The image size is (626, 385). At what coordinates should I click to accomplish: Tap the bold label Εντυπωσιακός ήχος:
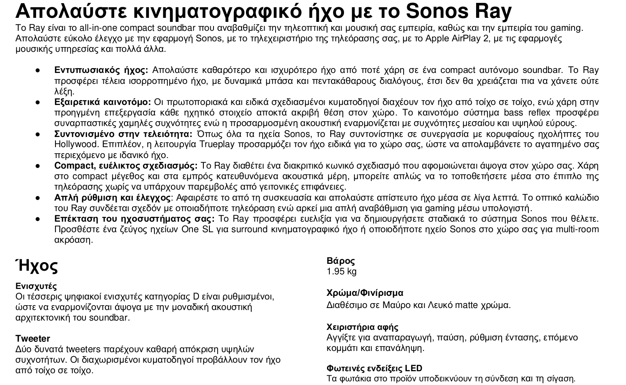[x=101, y=70]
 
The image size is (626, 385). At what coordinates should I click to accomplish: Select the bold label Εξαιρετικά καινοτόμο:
[x=103, y=102]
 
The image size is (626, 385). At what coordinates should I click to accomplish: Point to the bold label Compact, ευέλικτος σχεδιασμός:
[x=126, y=166]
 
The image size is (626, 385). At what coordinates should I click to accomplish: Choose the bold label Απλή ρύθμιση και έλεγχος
[x=112, y=198]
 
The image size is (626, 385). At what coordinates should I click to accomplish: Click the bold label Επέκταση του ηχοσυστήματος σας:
[x=134, y=219]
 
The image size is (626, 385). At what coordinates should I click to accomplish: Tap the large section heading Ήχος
[x=36, y=265]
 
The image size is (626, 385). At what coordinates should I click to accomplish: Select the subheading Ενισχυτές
[x=36, y=286]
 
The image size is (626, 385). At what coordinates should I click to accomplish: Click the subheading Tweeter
[x=33, y=338]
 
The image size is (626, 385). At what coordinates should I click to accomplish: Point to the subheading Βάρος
[x=341, y=261]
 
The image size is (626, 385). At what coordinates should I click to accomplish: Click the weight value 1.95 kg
[x=342, y=271]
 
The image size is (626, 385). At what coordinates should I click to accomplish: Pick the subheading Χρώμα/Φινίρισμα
[x=365, y=293]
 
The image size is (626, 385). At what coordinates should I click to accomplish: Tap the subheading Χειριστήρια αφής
[x=362, y=327]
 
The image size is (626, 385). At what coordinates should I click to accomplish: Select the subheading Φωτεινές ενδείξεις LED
[x=374, y=368]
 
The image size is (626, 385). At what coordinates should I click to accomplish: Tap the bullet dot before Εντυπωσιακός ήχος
[x=37, y=70]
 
